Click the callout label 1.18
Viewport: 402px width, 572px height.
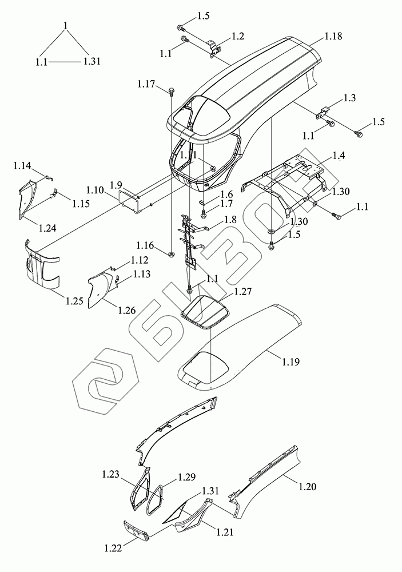(333, 36)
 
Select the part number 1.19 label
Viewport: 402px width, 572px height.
(289, 362)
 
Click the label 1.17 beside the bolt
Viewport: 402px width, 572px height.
(146, 85)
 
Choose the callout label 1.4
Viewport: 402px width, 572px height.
(339, 156)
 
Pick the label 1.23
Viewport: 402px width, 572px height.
(111, 474)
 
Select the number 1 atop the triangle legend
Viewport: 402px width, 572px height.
(67, 25)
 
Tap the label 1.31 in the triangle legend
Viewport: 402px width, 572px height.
(91, 61)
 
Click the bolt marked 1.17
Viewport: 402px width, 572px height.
(171, 90)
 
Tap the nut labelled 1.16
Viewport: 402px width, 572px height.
(171, 252)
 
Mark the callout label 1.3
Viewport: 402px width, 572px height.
(349, 98)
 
